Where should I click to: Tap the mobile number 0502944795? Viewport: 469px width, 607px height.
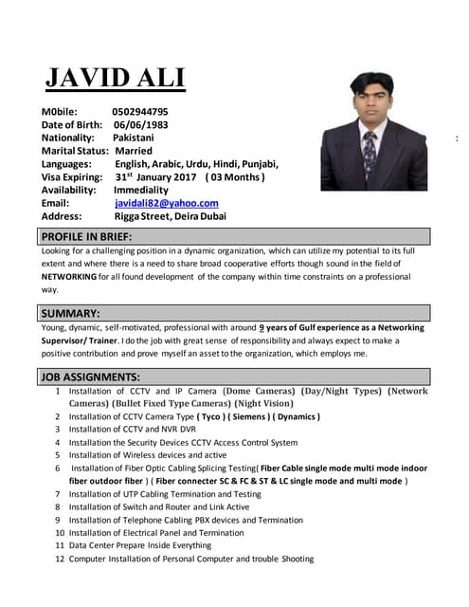[139, 111]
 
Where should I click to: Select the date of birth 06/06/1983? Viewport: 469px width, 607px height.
[142, 124]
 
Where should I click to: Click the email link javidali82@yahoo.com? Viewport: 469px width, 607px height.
[167, 203]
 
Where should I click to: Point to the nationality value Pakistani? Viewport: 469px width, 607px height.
[132, 138]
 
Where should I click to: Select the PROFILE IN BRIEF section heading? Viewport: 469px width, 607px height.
[86, 236]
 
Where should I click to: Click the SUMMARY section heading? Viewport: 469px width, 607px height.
[70, 313]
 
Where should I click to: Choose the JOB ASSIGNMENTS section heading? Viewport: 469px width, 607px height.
[91, 377]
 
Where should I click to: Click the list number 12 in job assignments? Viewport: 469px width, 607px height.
[60, 560]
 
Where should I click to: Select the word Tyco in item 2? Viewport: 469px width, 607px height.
[214, 416]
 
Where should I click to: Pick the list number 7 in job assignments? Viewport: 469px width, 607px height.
[58, 494]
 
